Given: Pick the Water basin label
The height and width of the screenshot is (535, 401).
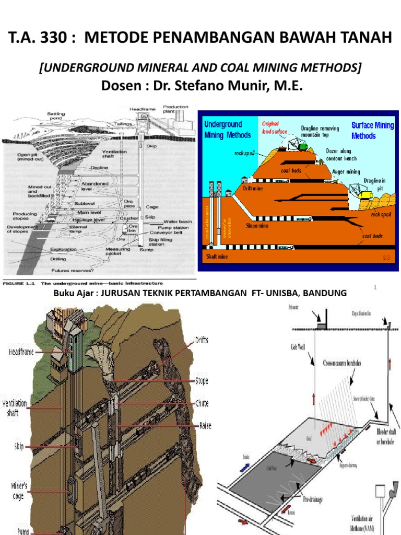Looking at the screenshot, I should [178, 221].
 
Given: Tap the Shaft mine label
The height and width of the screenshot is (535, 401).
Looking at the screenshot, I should [216, 257].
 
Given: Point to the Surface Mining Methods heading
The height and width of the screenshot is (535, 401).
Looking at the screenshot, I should [372, 131].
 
